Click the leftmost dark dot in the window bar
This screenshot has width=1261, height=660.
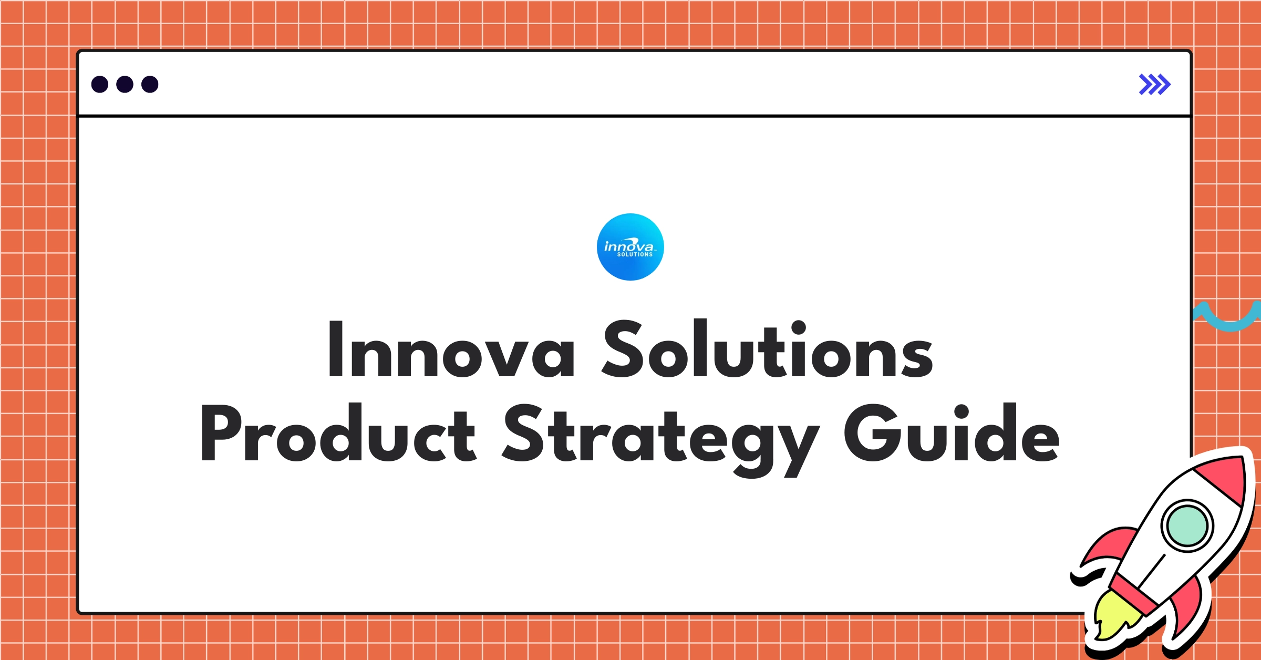tap(100, 85)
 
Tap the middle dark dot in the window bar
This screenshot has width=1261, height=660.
tap(125, 85)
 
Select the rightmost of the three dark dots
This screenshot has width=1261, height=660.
tap(150, 85)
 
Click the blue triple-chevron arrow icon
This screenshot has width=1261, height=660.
tap(1154, 85)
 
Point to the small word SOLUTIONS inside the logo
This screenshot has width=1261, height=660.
tap(635, 255)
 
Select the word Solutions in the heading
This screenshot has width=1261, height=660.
tap(767, 349)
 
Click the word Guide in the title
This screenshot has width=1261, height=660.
tap(951, 434)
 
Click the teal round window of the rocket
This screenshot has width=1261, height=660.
tap(1187, 526)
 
